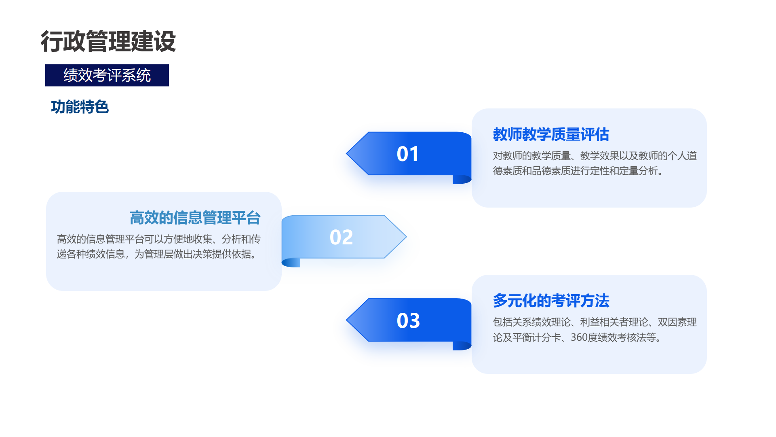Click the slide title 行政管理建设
(108, 41)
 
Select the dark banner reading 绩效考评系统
(107, 75)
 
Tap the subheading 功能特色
(80, 107)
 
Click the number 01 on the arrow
(408, 154)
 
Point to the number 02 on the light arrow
(341, 237)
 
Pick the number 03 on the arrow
(408, 320)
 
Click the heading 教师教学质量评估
(551, 134)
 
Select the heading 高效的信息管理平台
(195, 218)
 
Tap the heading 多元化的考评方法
(551, 301)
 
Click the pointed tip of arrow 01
(346, 153)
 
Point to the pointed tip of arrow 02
(406, 237)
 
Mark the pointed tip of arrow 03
(346, 320)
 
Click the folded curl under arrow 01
(462, 179)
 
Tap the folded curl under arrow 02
(291, 263)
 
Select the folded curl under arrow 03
(462, 346)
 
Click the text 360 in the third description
(579, 337)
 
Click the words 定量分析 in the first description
(639, 171)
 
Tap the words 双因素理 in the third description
(677, 322)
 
